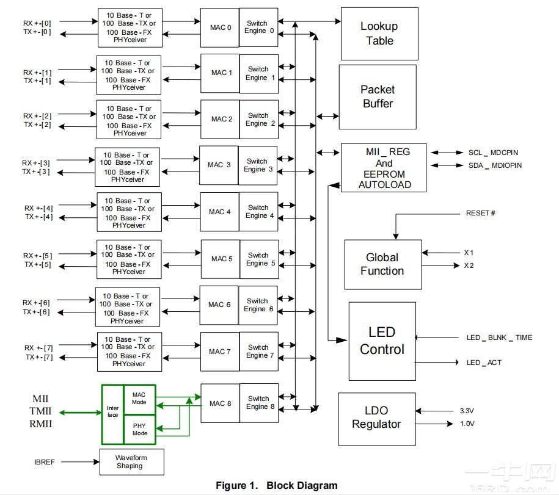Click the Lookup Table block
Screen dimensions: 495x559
379,34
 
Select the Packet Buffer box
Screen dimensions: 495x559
378,96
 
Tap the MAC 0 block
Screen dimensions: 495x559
220,27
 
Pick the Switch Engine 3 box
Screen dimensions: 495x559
257,165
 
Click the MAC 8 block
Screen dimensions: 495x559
220,403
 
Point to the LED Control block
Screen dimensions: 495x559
382,341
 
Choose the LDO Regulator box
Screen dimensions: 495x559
376,418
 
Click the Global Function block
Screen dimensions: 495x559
382,264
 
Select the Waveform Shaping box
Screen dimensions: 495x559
131,461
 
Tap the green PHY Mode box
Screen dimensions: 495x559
139,429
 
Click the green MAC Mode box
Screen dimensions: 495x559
139,399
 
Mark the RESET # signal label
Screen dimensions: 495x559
480,214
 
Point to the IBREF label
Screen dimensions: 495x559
45,462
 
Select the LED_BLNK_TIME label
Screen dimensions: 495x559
499,338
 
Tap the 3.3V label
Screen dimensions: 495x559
467,411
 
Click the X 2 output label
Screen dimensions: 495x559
469,266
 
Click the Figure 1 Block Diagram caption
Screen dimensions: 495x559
276,486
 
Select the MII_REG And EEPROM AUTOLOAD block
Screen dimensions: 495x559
384,168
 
